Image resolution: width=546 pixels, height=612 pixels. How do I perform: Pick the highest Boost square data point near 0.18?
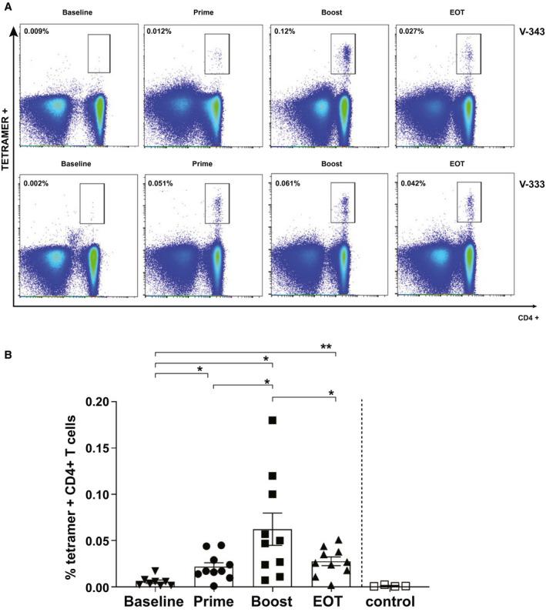click(x=272, y=420)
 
